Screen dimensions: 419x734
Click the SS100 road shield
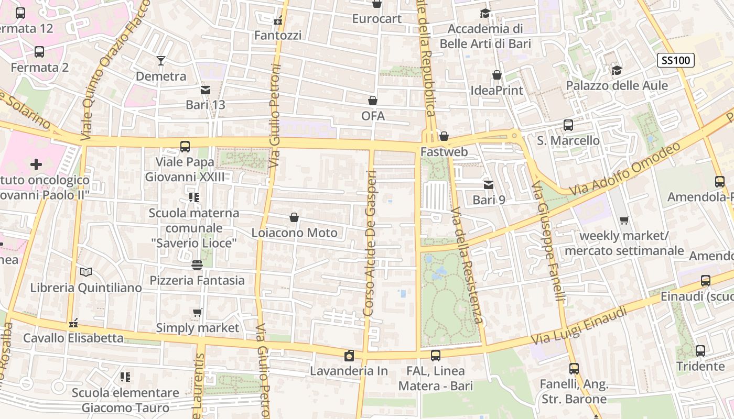coord(676,60)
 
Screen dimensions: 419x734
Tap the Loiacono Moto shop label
coord(294,233)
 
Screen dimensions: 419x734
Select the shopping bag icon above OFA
coord(373,101)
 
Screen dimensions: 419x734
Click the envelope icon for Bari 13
coord(206,90)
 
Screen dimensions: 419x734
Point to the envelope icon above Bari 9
coord(489,184)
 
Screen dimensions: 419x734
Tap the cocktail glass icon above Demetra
coord(161,61)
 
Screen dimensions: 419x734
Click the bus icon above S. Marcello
coord(568,125)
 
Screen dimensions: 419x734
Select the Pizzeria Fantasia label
coord(197,280)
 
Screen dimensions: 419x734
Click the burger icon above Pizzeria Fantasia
coord(197,265)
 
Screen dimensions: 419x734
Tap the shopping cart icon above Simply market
coord(198,313)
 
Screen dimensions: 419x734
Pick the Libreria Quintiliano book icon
coord(86,272)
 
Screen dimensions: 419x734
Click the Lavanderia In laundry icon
coord(349,356)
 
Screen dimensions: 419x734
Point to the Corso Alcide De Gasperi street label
coord(370,243)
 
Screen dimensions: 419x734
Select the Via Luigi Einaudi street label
coord(579,326)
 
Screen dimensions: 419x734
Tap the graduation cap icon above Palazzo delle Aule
coord(617,70)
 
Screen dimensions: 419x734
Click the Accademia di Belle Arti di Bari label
coord(485,36)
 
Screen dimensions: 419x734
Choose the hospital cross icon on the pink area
coord(36,165)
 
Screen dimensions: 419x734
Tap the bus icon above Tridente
coord(700,351)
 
